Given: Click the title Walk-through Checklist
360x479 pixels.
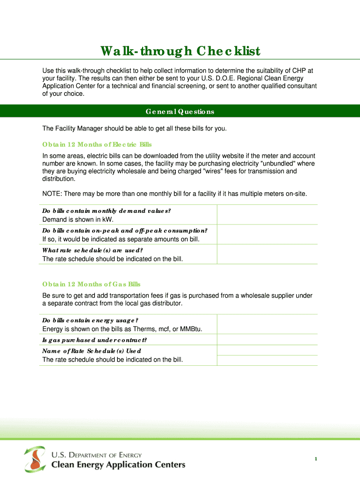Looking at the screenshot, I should click(180, 51).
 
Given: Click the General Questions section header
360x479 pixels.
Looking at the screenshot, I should click(180, 112).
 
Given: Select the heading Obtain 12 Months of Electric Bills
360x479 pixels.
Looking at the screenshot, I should click(97, 144).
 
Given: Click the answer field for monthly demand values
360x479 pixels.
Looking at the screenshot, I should click(267, 215).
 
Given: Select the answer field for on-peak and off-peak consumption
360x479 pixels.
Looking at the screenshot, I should click(267, 234).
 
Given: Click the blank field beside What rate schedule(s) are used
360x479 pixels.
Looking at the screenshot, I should click(267, 254).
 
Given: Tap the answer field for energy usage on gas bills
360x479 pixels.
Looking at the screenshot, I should click(267, 324).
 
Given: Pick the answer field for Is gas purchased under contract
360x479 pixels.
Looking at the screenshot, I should click(267, 340).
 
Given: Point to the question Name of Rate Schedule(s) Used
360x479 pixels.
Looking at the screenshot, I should click(92, 351).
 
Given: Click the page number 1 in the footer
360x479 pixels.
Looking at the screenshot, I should click(316, 459).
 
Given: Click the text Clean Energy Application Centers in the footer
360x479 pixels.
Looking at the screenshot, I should click(118, 464).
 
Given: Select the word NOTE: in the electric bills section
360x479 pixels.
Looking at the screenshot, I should click(52, 194).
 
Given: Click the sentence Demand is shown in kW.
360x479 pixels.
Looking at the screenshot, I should click(78, 219).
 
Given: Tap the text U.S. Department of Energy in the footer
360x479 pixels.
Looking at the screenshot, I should click(96, 455).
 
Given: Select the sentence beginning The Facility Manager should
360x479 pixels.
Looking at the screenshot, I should click(134, 128).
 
